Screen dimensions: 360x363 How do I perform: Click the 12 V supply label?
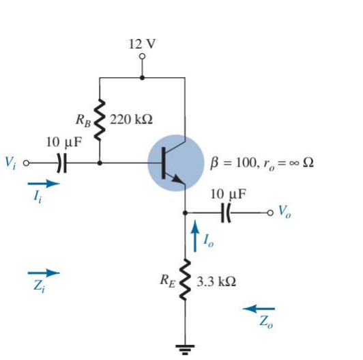coord(142,43)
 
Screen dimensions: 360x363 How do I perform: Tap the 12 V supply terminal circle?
coord(142,57)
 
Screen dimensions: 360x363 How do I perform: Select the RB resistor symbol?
coord(100,121)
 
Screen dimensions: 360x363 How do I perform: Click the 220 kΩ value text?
coord(131,120)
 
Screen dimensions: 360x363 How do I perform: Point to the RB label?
coord(84,120)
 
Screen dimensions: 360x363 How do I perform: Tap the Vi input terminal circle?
coord(27,164)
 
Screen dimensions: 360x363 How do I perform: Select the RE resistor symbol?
coord(185,281)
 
